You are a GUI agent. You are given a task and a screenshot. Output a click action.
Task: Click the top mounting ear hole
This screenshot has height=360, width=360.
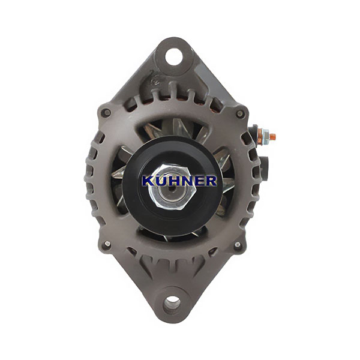pyautogui.click(x=173, y=56)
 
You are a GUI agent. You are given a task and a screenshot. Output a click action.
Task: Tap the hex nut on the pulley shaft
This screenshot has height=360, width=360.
pyautogui.click(x=172, y=188)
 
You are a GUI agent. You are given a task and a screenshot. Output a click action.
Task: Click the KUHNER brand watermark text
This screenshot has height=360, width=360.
pyautogui.click(x=179, y=181)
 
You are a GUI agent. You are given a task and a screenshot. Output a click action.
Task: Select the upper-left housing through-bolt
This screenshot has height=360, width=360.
pyautogui.click(x=106, y=113)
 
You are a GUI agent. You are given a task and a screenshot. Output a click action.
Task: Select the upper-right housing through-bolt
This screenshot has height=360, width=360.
pyautogui.click(x=240, y=113)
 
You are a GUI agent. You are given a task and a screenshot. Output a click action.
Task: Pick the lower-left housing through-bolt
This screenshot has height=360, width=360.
pyautogui.click(x=107, y=244)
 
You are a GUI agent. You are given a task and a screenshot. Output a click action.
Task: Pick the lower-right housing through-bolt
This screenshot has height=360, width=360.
pyautogui.click(x=238, y=244)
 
